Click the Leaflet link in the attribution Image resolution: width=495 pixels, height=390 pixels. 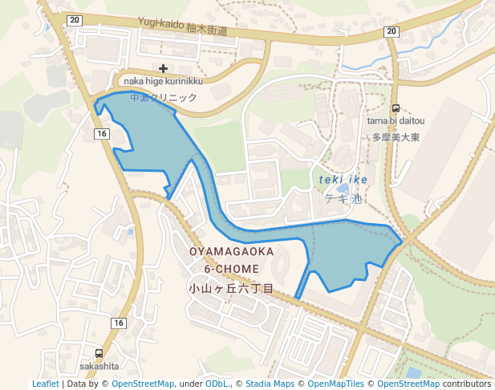(46, 384)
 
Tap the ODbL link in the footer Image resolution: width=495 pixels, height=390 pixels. (217, 384)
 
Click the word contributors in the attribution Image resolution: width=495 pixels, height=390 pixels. (467, 384)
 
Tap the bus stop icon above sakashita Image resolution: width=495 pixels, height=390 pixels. (99, 353)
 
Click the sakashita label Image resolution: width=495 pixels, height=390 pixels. (99, 366)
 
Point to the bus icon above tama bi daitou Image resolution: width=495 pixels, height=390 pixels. (396, 108)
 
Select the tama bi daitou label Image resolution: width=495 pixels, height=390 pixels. (396, 121)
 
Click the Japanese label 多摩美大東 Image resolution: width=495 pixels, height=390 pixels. (396, 136)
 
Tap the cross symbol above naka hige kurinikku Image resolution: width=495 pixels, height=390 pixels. (164, 69)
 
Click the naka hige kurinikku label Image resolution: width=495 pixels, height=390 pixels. (163, 81)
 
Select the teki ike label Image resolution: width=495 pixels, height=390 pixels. (343, 180)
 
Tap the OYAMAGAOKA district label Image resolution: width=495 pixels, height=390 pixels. (232, 252)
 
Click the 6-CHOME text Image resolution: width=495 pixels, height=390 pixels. (232, 269)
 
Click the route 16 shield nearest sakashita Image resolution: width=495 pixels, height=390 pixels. (119, 323)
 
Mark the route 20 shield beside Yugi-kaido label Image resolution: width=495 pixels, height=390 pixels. (75, 20)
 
